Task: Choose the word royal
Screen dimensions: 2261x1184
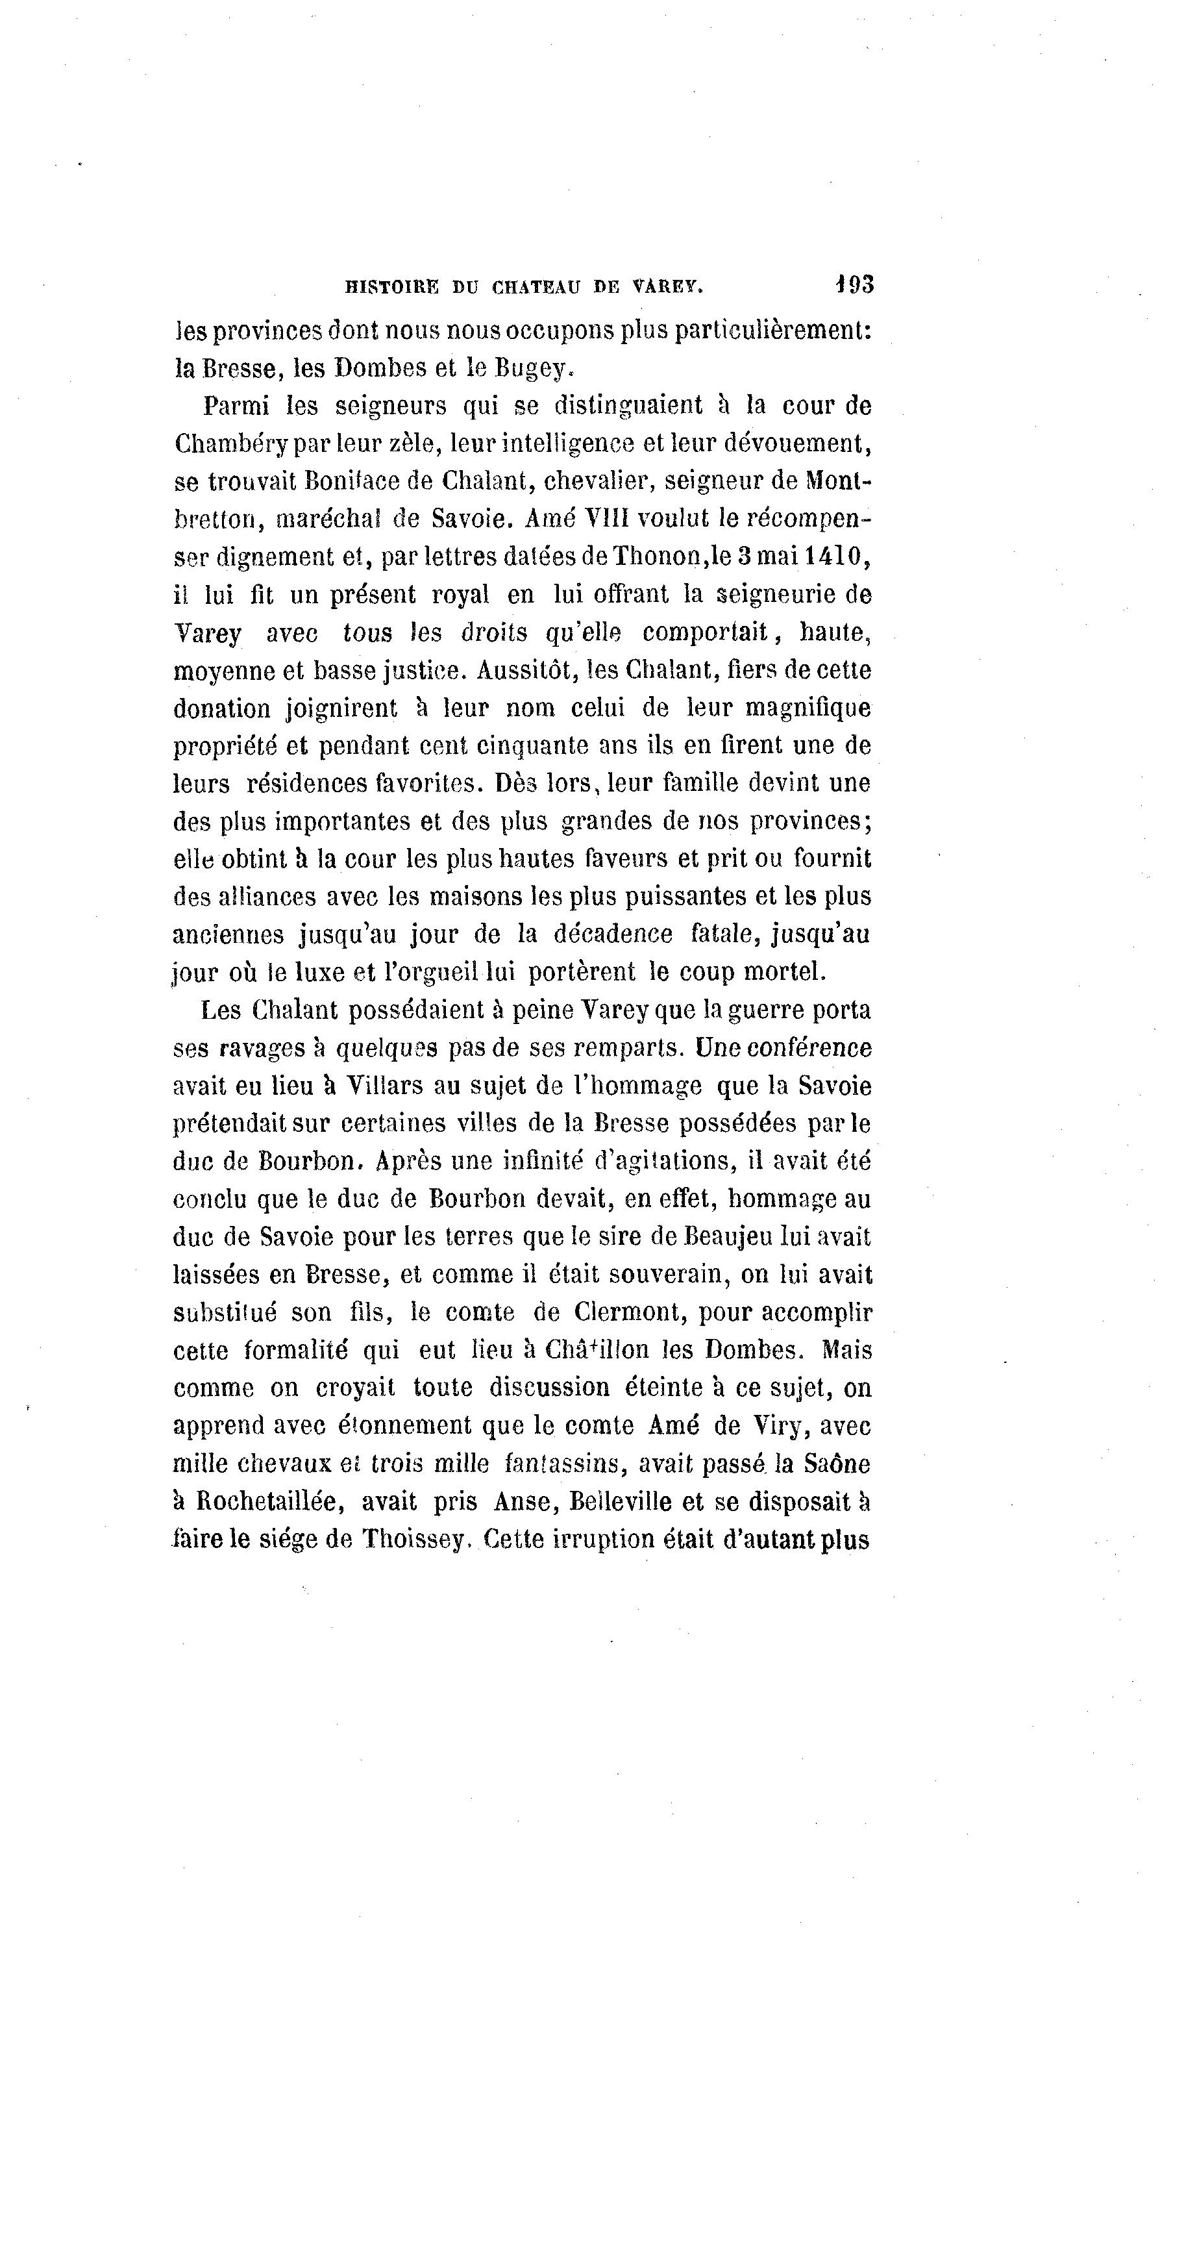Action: click(x=460, y=595)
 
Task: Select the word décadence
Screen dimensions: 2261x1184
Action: click(x=613, y=934)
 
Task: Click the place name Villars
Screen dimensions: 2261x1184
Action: click(x=396, y=1086)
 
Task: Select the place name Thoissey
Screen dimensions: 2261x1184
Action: click(x=412, y=1540)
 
